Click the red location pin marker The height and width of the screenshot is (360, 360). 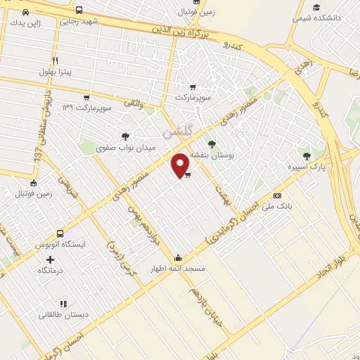click(181, 165)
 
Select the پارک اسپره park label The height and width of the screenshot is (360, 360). click(304, 167)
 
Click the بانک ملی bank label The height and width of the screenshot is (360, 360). click(276, 207)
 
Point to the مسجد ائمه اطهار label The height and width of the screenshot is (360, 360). click(176, 269)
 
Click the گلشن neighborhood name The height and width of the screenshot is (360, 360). click(176, 131)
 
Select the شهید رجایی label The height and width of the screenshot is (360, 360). click(79, 21)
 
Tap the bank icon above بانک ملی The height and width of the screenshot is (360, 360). click(277, 195)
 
